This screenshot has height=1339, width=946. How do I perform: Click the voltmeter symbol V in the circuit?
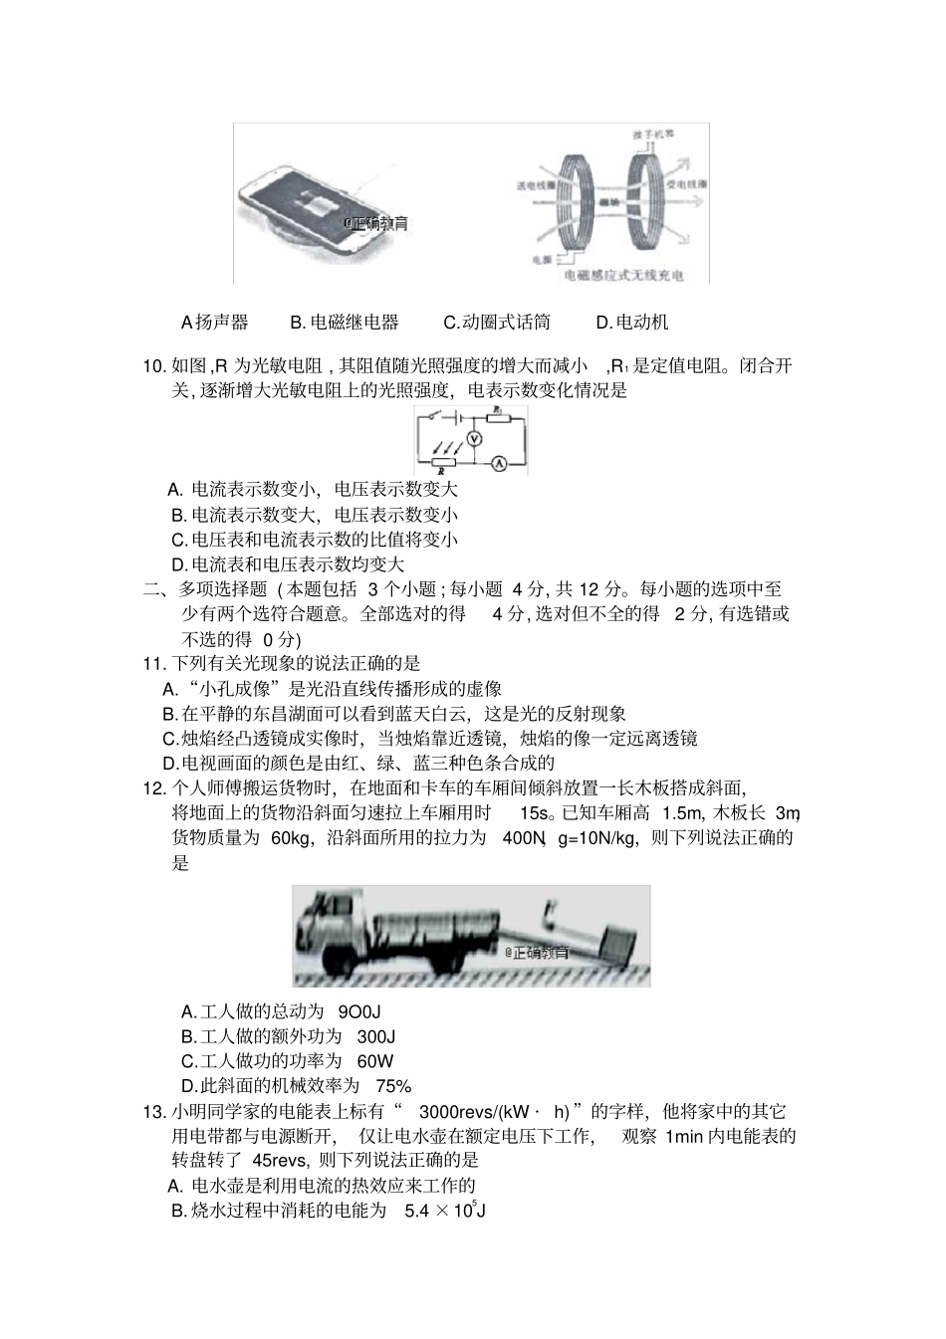pos(475,438)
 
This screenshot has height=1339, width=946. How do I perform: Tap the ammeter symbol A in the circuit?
pos(501,462)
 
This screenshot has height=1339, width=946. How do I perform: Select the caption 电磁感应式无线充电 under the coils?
pos(623,276)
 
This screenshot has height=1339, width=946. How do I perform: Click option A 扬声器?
pos(215,322)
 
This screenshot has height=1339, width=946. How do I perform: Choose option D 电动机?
pos(632,322)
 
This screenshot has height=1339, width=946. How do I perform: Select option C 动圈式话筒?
pos(497,322)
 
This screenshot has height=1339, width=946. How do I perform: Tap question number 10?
pos(154,365)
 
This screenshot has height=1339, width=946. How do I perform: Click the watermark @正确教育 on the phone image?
pos(375,224)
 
